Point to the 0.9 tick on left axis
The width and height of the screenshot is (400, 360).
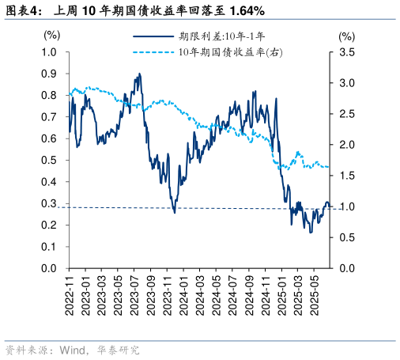50,74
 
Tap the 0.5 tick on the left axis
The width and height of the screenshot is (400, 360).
50,161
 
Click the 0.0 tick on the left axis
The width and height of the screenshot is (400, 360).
50,269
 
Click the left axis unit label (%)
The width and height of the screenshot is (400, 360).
51,36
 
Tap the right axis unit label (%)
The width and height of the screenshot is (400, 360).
347,36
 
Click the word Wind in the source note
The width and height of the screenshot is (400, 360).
73,350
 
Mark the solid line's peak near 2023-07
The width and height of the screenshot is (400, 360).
140,74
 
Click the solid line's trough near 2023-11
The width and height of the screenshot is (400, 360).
175,212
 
